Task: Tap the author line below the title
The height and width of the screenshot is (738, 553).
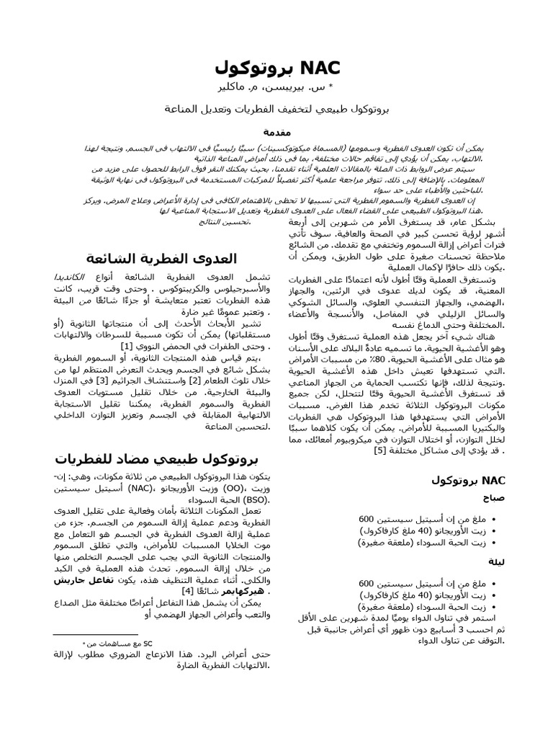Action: coord(276,87)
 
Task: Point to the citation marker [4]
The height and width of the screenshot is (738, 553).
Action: coord(185,590)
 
